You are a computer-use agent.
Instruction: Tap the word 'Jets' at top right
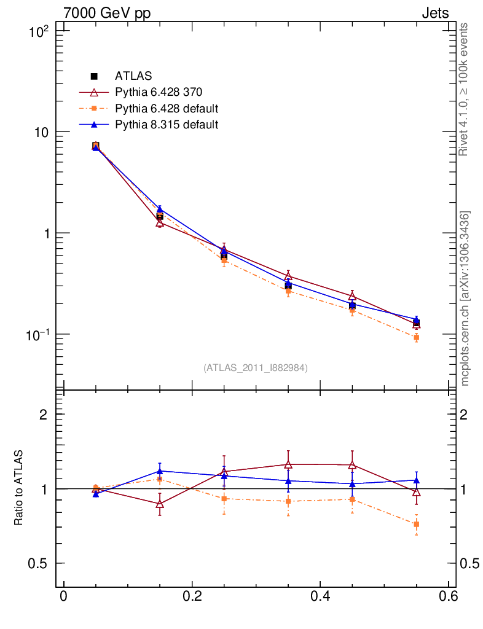tap(434, 13)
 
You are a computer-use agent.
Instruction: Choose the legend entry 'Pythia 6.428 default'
tap(167, 109)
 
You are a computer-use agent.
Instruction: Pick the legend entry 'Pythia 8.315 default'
tap(167, 125)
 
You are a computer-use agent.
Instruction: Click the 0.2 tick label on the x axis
tap(192, 596)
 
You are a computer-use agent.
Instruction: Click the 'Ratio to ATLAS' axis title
tap(19, 488)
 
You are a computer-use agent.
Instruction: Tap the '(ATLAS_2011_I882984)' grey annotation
tap(256, 368)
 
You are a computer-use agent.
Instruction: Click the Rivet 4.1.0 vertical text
tap(465, 90)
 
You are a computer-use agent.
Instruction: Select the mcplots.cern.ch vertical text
tap(465, 299)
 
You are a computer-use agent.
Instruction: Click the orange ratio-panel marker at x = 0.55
tap(416, 525)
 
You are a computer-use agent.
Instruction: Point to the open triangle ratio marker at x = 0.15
tap(160, 504)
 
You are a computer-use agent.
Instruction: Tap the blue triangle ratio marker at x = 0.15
tap(160, 471)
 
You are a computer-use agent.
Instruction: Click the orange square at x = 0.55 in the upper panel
tap(416, 338)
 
